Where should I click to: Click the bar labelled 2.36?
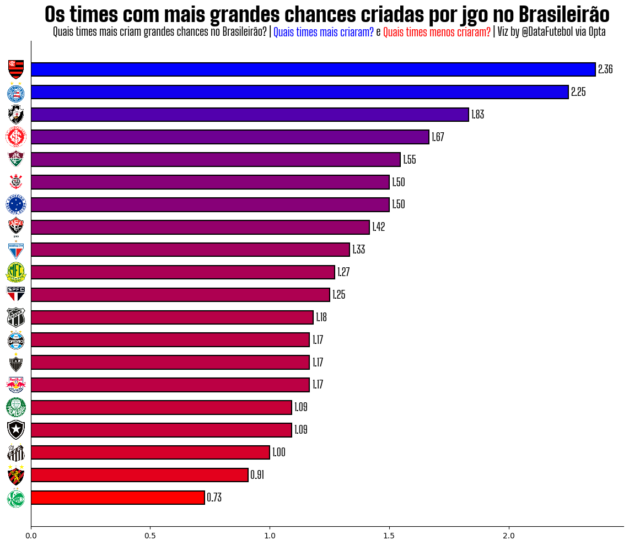pyautogui.click(x=313, y=69)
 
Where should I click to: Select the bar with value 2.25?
pyautogui.click(x=299, y=92)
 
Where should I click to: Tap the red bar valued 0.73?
pyautogui.click(x=117, y=498)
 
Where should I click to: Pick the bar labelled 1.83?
pyautogui.click(x=250, y=115)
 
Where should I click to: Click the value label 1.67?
pyautogui.click(x=438, y=137)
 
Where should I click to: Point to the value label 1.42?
pyautogui.click(x=378, y=227)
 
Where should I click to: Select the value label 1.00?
pyautogui.click(x=278, y=452)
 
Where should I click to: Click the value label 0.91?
pyautogui.click(x=257, y=475)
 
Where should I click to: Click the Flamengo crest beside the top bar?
pyautogui.click(x=16, y=69)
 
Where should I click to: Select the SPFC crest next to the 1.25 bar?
pyautogui.click(x=16, y=294)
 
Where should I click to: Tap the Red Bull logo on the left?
pyautogui.click(x=16, y=384)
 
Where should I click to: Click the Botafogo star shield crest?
pyautogui.click(x=16, y=429)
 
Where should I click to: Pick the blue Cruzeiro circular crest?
pyautogui.click(x=16, y=204)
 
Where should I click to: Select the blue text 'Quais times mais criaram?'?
pyautogui.click(x=323, y=33)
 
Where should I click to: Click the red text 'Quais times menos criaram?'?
pyautogui.click(x=437, y=33)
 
